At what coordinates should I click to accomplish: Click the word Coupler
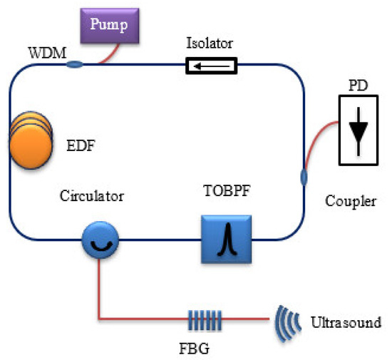351,201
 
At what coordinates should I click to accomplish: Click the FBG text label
195,349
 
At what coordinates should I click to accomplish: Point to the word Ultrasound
346,320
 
